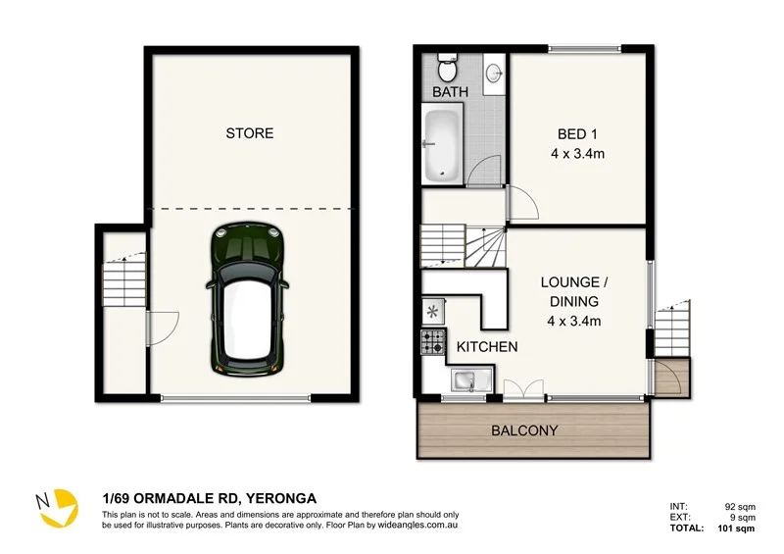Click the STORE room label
coord(250,133)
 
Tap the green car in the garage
coord(248,299)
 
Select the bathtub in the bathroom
coord(442,146)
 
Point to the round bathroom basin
coord(494,74)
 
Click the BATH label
coord(451,92)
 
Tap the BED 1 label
coord(577,134)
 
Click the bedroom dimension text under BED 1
coord(577,154)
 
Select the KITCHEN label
coord(487,347)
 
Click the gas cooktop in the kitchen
coord(433,342)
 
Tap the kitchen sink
coord(471,379)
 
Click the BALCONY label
coord(524,430)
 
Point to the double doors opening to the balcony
coord(523,389)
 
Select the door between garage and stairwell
coord(163,327)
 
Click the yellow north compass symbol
coord(58,507)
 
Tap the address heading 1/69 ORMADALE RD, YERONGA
coord(210,498)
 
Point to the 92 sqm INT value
coord(740,507)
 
